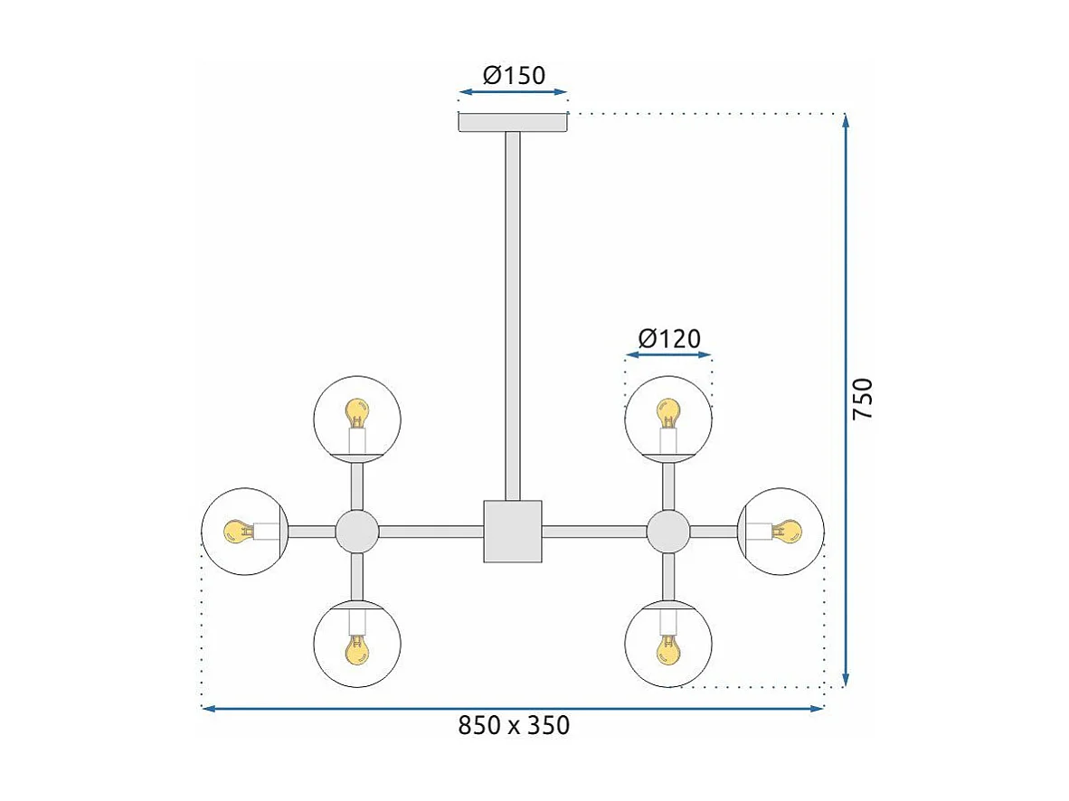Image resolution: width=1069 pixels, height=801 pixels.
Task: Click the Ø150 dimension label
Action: tap(514, 75)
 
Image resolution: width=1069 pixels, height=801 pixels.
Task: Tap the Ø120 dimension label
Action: tap(669, 339)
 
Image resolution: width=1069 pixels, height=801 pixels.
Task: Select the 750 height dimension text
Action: tap(864, 398)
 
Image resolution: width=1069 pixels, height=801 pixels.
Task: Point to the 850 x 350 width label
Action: tap(514, 725)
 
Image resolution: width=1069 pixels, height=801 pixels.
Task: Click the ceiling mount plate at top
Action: tap(513, 122)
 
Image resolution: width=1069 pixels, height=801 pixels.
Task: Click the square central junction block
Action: tap(513, 532)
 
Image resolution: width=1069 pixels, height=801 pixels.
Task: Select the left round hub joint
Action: tap(357, 532)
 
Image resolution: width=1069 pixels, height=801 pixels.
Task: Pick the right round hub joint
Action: tap(668, 532)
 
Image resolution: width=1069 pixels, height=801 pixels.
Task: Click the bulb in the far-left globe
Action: tap(237, 532)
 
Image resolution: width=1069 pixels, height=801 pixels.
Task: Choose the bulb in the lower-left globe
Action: tap(357, 648)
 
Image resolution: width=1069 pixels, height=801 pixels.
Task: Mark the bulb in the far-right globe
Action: tap(789, 532)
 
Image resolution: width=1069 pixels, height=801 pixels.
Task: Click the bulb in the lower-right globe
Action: tap(668, 648)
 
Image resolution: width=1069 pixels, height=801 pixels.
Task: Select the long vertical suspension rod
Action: tap(513, 316)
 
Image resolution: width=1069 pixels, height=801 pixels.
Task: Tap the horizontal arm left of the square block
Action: tap(431, 532)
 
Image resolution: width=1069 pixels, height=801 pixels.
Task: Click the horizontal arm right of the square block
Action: tap(594, 532)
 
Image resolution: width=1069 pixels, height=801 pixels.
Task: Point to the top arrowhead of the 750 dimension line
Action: tap(846, 120)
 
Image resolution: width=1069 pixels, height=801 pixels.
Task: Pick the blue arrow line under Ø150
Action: tap(513, 91)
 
